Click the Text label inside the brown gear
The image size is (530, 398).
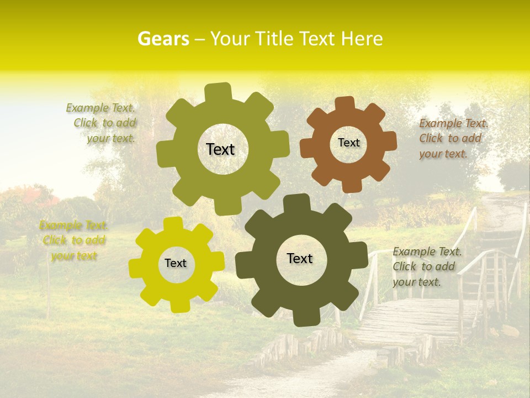[x=348, y=143]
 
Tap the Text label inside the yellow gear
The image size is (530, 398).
[x=176, y=263]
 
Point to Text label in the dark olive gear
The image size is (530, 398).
[x=300, y=258]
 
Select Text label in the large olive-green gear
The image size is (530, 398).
[x=220, y=149]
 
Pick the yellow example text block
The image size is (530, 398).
[x=73, y=240]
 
